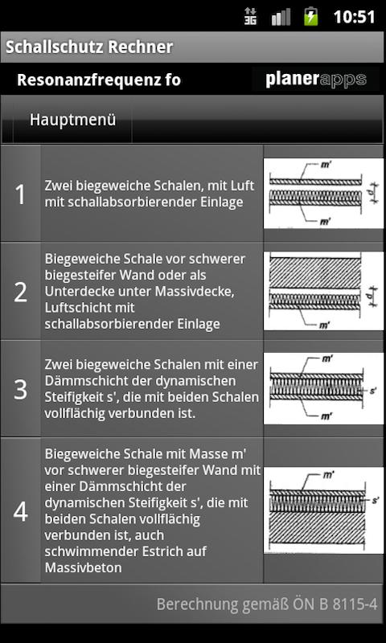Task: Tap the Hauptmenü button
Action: [x=72, y=120]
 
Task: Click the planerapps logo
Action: [x=316, y=79]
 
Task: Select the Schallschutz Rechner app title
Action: [x=89, y=47]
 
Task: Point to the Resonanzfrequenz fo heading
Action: [x=99, y=80]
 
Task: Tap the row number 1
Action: [x=20, y=195]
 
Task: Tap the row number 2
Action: [x=20, y=292]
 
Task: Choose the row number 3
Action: [x=20, y=389]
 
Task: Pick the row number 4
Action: [x=20, y=511]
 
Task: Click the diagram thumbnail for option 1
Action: [x=323, y=194]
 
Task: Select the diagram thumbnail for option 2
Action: [x=323, y=291]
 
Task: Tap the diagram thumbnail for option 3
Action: [x=323, y=388]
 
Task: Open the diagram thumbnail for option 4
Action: [x=323, y=510]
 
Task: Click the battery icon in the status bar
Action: [x=310, y=16]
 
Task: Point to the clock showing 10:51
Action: [x=355, y=17]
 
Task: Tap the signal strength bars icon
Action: [x=281, y=17]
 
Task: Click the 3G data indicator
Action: [x=251, y=16]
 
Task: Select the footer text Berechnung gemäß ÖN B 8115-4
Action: [x=267, y=604]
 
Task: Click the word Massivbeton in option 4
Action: [x=84, y=568]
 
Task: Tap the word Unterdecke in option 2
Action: [x=78, y=292]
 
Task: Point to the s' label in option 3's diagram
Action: [x=373, y=391]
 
